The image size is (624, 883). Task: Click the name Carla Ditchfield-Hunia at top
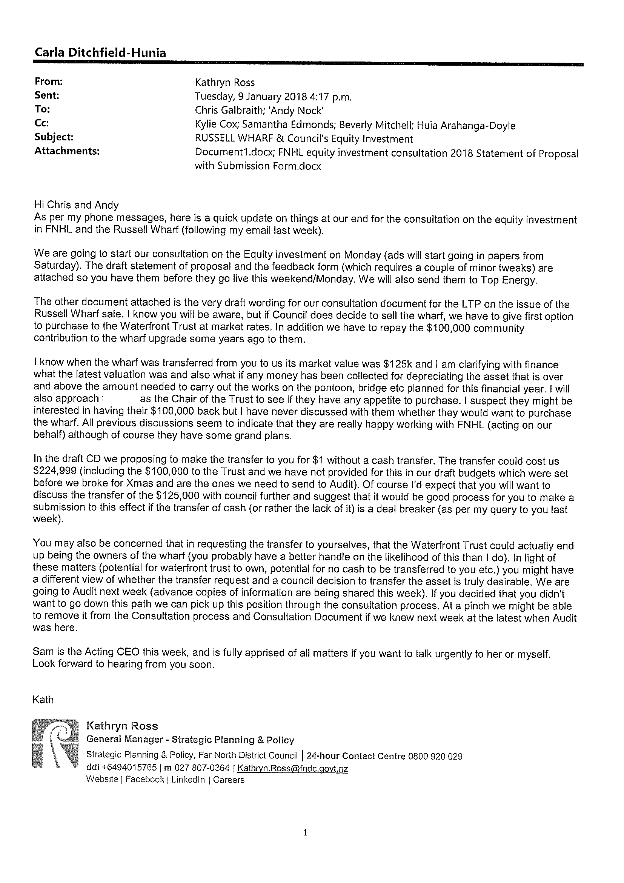tap(100, 53)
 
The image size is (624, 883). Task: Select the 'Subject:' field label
tap(54, 137)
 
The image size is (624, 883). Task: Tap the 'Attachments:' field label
tap(67, 151)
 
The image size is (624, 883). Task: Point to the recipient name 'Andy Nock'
tap(303, 111)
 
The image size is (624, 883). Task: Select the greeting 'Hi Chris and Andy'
tap(76, 205)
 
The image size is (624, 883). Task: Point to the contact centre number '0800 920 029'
tap(435, 757)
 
